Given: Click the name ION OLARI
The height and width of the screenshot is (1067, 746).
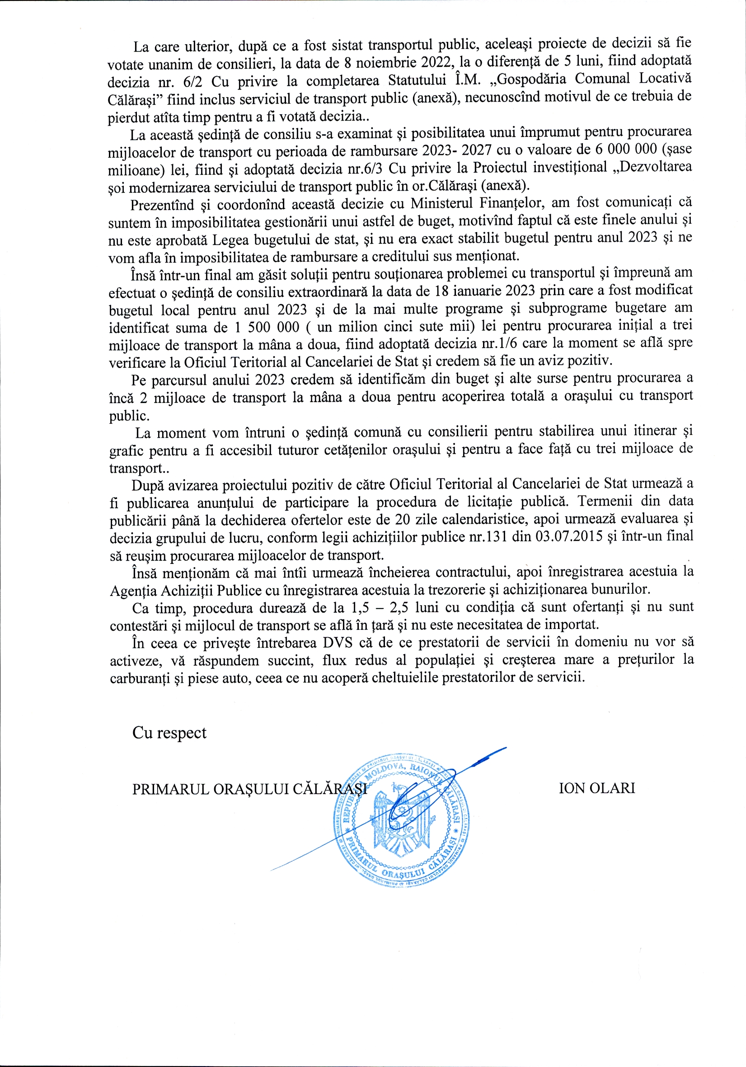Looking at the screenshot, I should (596, 788).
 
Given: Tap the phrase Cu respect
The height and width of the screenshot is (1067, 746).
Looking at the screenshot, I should (169, 733).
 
